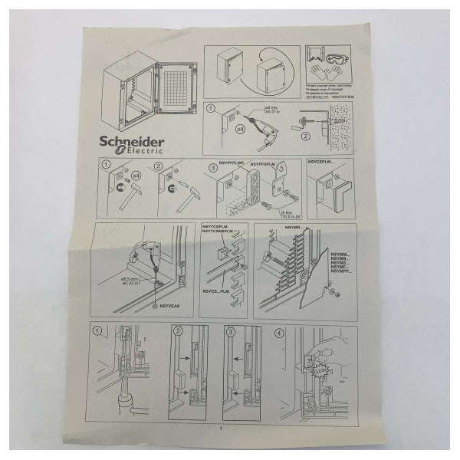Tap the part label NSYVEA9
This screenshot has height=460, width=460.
click(169, 306)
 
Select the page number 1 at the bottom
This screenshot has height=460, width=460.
click(221, 428)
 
